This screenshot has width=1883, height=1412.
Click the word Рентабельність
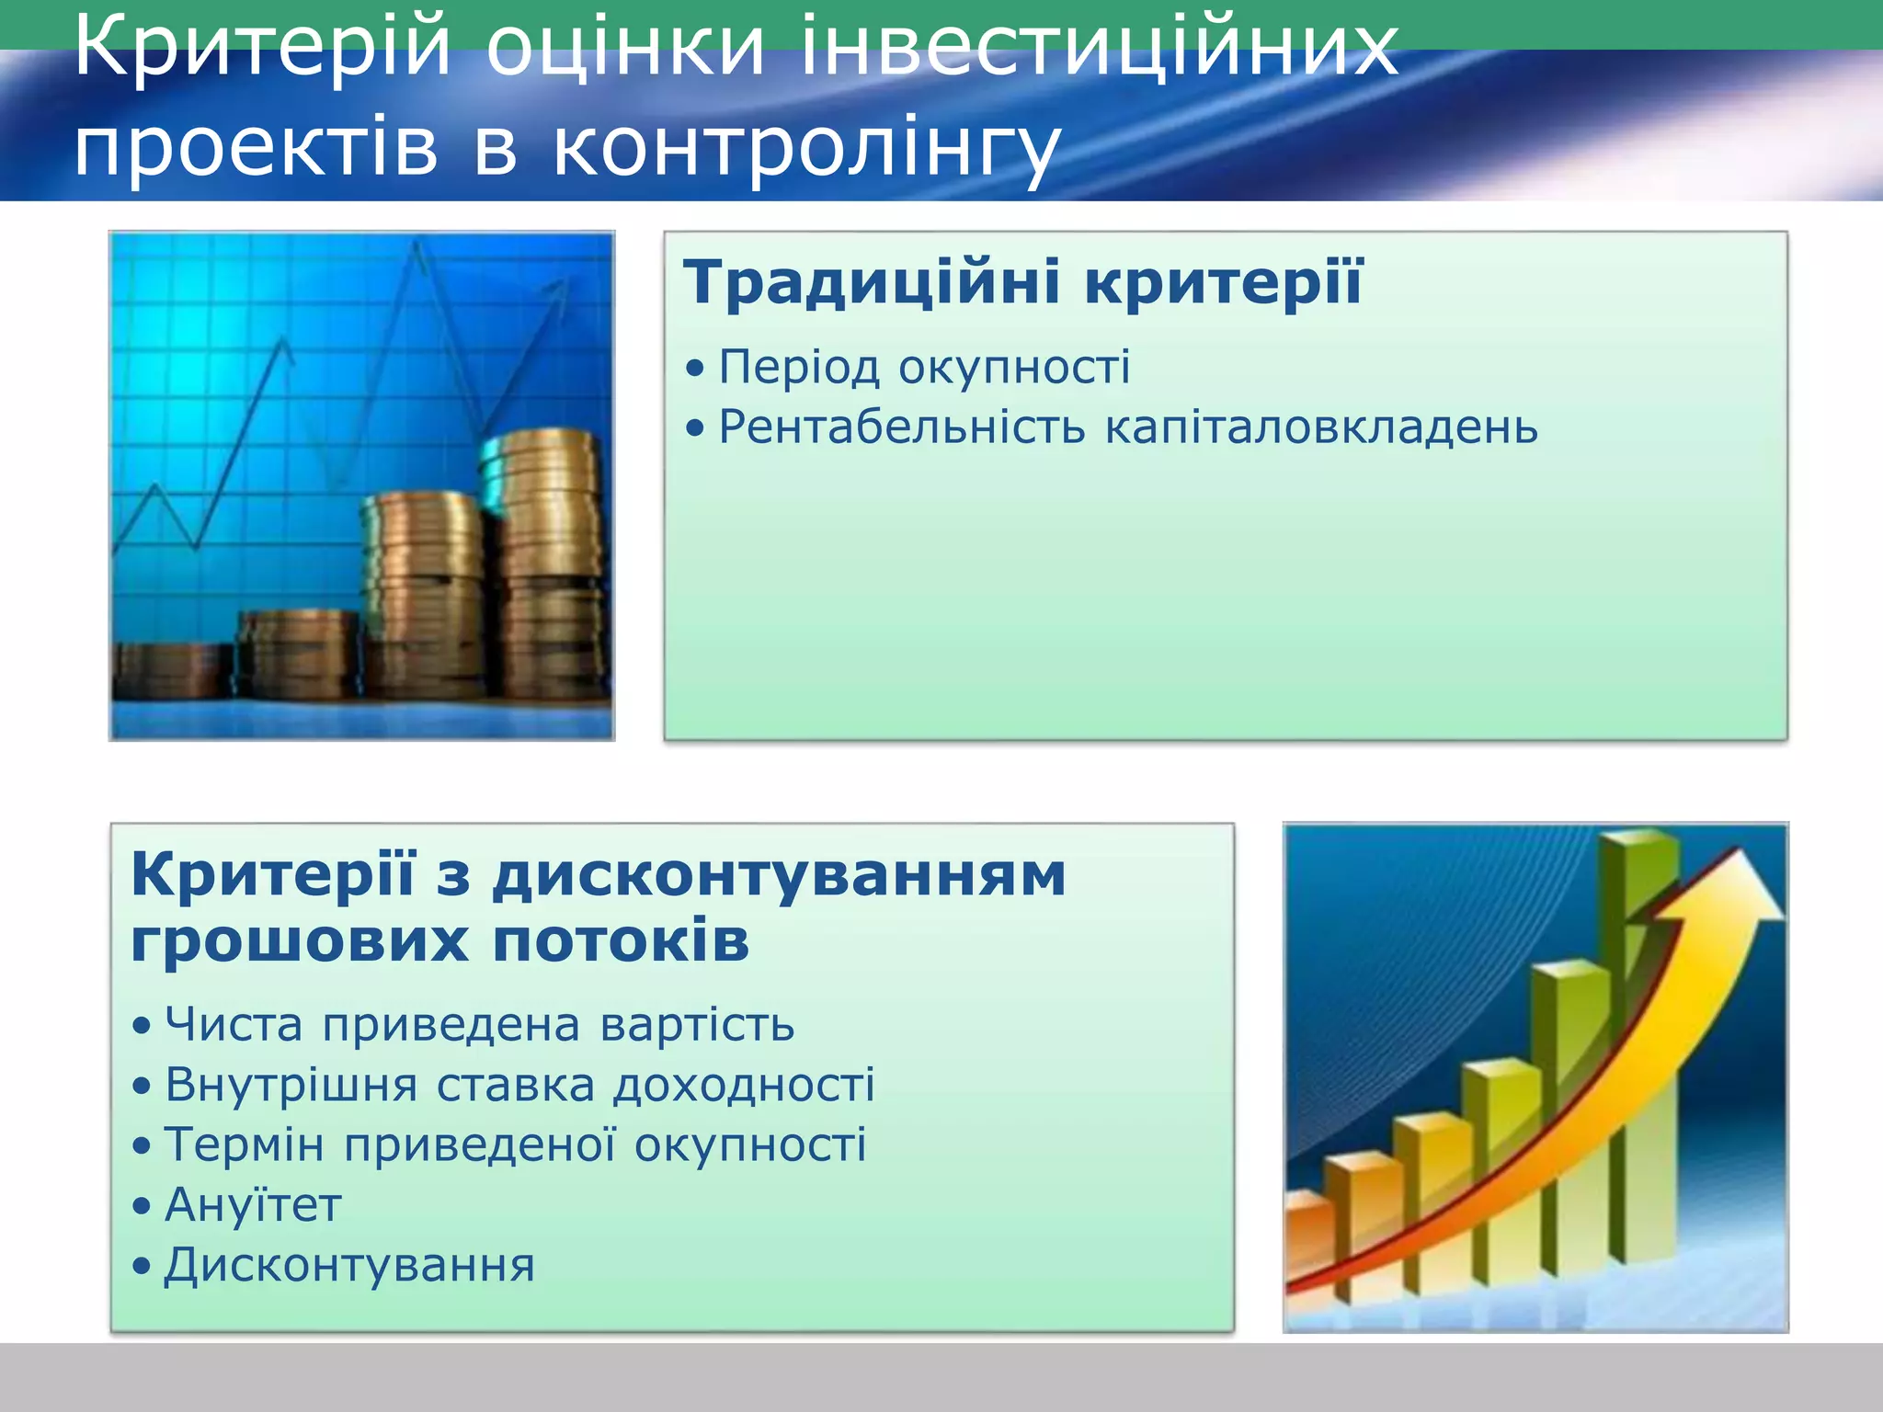tap(901, 427)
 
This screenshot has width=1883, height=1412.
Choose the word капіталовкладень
tap(1320, 427)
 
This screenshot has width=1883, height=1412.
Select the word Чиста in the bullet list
tap(234, 1024)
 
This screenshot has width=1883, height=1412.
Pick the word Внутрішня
tap(291, 1085)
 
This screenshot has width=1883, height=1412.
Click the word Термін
tap(244, 1145)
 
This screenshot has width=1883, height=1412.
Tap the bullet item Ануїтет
tap(253, 1205)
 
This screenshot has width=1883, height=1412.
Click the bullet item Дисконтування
tap(349, 1265)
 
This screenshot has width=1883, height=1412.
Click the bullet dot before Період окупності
tap(695, 369)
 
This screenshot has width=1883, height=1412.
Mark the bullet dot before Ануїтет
tap(141, 1206)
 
